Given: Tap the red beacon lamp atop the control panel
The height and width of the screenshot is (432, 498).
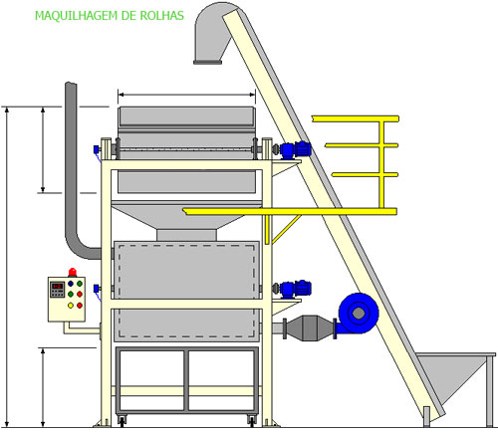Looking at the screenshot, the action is point(73,273).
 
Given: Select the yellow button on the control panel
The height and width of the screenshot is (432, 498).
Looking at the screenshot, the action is point(71,306).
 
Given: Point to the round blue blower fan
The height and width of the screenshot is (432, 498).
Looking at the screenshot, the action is point(358,314).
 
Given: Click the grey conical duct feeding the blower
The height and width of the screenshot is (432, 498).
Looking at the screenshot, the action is point(310,327).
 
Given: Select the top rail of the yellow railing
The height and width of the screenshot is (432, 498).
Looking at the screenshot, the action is point(356,118).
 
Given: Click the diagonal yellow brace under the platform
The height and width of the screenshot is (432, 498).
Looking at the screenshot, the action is point(286,229).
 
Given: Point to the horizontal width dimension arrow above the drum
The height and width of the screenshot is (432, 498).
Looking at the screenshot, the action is point(186,95).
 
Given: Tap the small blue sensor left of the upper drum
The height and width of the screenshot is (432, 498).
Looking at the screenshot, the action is point(97,150).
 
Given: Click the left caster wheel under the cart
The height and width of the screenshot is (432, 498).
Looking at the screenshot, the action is point(122,421).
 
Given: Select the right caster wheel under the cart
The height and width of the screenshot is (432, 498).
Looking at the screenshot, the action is point(252,421).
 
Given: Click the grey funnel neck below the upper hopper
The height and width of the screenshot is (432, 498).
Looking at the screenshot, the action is point(186,235).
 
